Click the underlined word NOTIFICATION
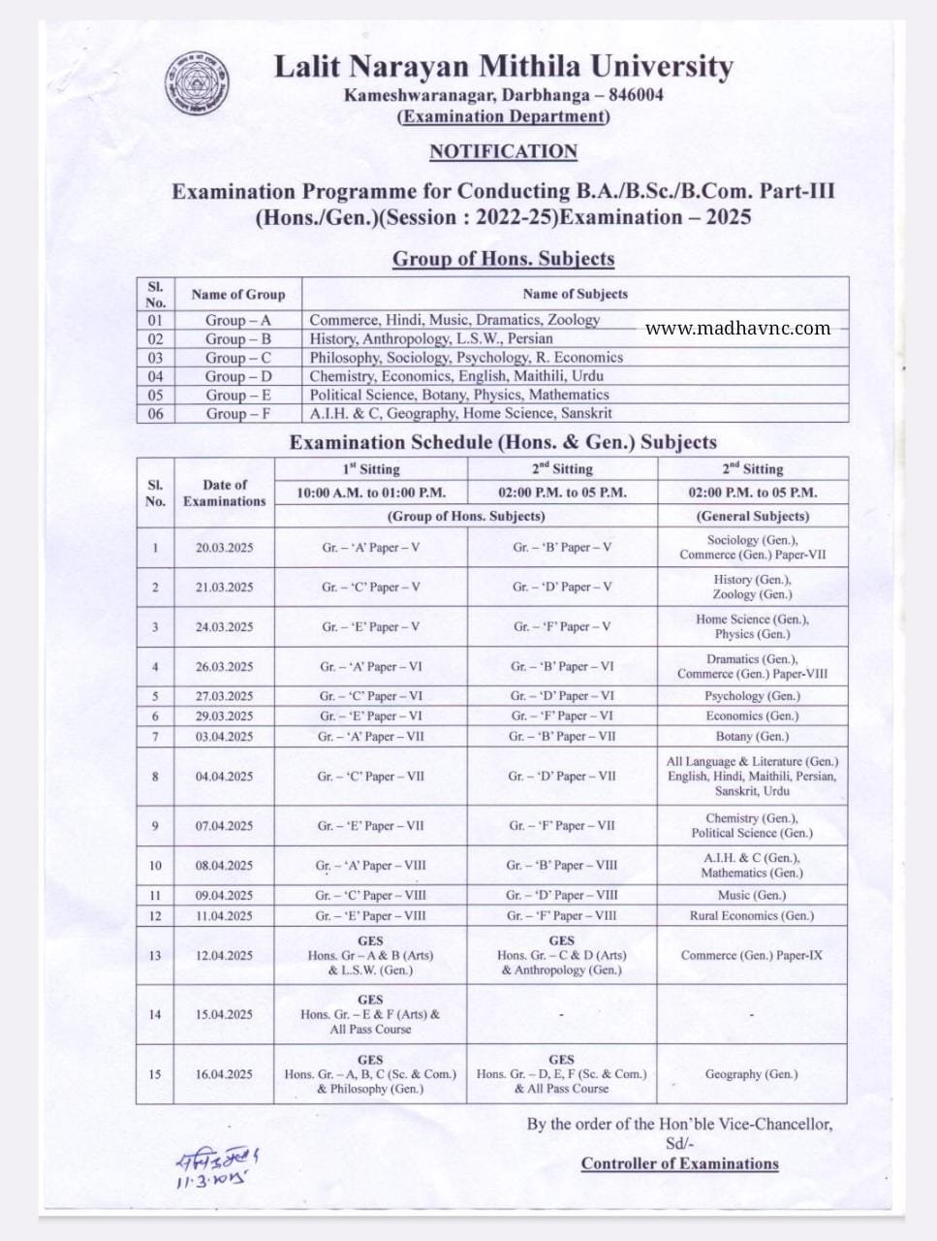(503, 151)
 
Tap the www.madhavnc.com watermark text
(737, 328)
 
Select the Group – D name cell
(238, 376)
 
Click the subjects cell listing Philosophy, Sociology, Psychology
(466, 357)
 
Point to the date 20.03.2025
(224, 548)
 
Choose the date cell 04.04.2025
(224, 777)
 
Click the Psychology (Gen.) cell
(752, 696)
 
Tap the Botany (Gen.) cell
(752, 737)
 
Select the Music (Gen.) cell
(752, 895)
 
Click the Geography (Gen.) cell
(752, 1074)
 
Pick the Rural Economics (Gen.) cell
(752, 915)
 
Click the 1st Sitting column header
(370, 469)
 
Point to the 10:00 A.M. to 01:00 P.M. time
(370, 493)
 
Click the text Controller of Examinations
(679, 1164)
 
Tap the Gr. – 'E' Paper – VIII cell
(370, 915)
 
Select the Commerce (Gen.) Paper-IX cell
(752, 955)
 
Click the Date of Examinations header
(224, 493)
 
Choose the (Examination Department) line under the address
(504, 116)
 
